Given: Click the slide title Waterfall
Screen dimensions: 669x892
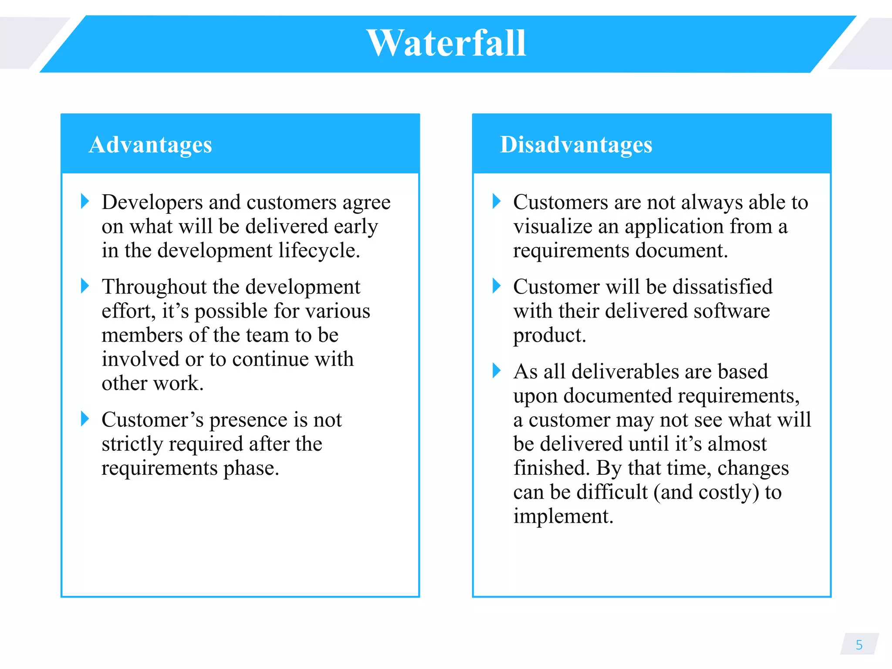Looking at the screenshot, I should click(x=446, y=44).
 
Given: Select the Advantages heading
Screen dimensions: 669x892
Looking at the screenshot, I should click(x=150, y=145).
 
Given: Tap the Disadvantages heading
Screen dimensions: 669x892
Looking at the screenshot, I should click(x=576, y=145).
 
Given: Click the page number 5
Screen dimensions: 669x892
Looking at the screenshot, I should click(x=859, y=645).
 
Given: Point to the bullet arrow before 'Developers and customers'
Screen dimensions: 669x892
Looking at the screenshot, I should click(x=85, y=201).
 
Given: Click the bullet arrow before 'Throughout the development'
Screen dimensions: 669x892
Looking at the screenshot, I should click(x=85, y=286).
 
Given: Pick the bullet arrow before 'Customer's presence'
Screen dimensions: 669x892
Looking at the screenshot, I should click(x=85, y=419).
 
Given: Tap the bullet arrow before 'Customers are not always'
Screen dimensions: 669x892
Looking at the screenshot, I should click(x=497, y=201).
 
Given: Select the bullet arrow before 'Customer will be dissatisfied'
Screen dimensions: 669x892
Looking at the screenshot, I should click(x=497, y=286).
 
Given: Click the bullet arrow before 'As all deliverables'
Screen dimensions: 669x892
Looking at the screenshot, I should click(x=497, y=371).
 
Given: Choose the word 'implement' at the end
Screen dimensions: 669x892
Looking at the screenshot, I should click(x=562, y=517).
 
